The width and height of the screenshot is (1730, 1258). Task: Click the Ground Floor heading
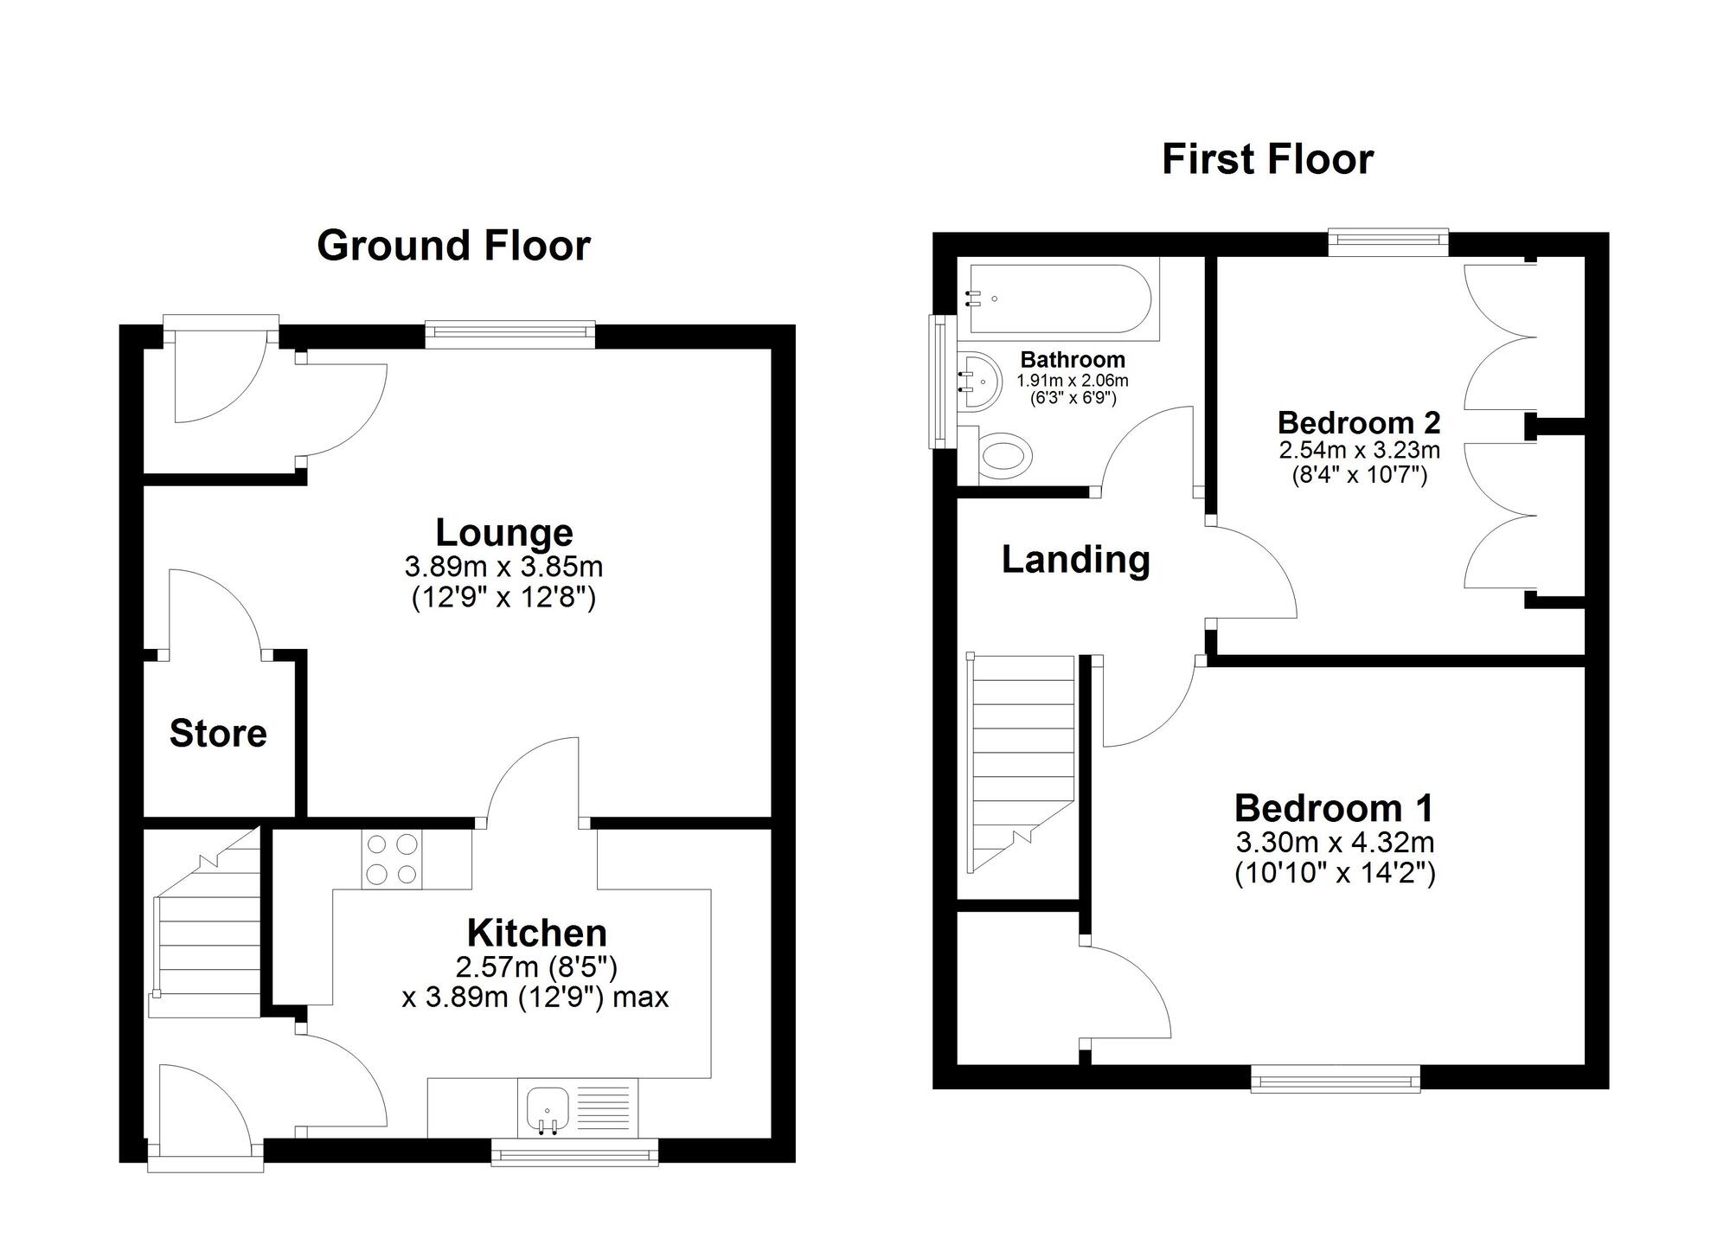[453, 246]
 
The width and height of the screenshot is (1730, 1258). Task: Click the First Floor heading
[1267, 159]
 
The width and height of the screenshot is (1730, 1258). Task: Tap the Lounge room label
[503, 532]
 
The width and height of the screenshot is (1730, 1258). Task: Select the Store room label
[218, 733]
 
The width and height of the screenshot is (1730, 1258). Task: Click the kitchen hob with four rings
[392, 858]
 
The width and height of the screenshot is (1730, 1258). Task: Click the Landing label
[1075, 559]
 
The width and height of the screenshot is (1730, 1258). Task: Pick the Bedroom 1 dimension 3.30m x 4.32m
[1335, 841]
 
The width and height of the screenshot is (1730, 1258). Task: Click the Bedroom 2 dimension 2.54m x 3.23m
[1359, 450]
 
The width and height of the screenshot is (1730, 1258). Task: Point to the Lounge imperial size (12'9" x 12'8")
[503, 598]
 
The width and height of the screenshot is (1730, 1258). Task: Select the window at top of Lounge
[510, 335]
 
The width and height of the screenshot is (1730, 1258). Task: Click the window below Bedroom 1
[1336, 1079]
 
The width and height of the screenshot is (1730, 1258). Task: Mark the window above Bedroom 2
[1387, 242]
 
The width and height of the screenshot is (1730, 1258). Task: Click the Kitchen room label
[536, 933]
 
